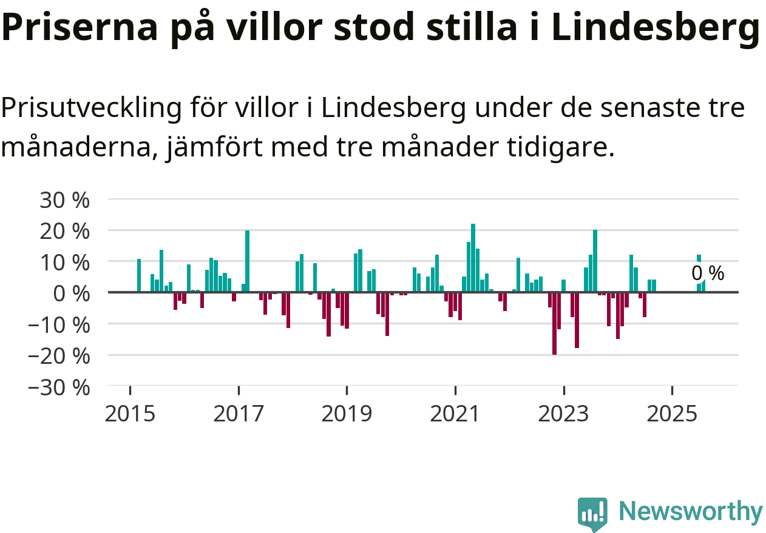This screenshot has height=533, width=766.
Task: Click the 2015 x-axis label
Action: pyautogui.click(x=129, y=414)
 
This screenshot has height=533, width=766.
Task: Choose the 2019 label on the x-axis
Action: pyautogui.click(x=346, y=414)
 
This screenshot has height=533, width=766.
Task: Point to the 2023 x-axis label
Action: pyautogui.click(x=564, y=414)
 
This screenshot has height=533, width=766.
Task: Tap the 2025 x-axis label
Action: pyautogui.click(x=672, y=414)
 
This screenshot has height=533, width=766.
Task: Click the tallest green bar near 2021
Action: pyautogui.click(x=473, y=258)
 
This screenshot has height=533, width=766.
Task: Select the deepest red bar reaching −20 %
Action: pyautogui.click(x=554, y=323)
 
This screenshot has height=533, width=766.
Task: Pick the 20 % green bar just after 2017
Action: pyautogui.click(x=247, y=261)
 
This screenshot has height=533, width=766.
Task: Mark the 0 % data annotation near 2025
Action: pyautogui.click(x=708, y=273)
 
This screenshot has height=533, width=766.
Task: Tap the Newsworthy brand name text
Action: pyautogui.click(x=690, y=512)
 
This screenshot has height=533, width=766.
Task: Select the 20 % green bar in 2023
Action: pyautogui.click(x=595, y=261)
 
